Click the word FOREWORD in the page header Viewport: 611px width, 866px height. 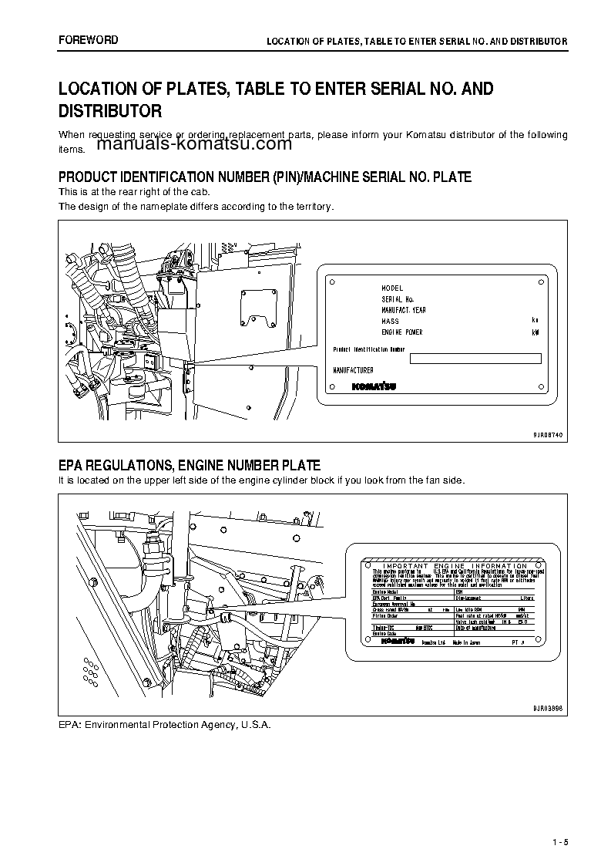tap(89, 40)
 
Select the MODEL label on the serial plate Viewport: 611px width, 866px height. tap(392, 288)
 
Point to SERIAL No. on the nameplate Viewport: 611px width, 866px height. tap(398, 298)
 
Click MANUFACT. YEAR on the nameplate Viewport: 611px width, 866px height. tap(404, 310)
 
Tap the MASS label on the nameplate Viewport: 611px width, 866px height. tap(390, 321)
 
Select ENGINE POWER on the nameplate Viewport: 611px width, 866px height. tap(402, 332)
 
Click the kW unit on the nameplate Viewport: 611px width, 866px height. tap(535, 332)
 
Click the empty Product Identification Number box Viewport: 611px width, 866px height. tap(475, 358)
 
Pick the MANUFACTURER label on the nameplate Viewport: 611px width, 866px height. tap(353, 370)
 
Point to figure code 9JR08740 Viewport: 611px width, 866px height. tap(548, 435)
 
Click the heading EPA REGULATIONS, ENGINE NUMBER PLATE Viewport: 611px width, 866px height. tap(190, 465)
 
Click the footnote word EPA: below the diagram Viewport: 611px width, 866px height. tap(70, 726)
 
